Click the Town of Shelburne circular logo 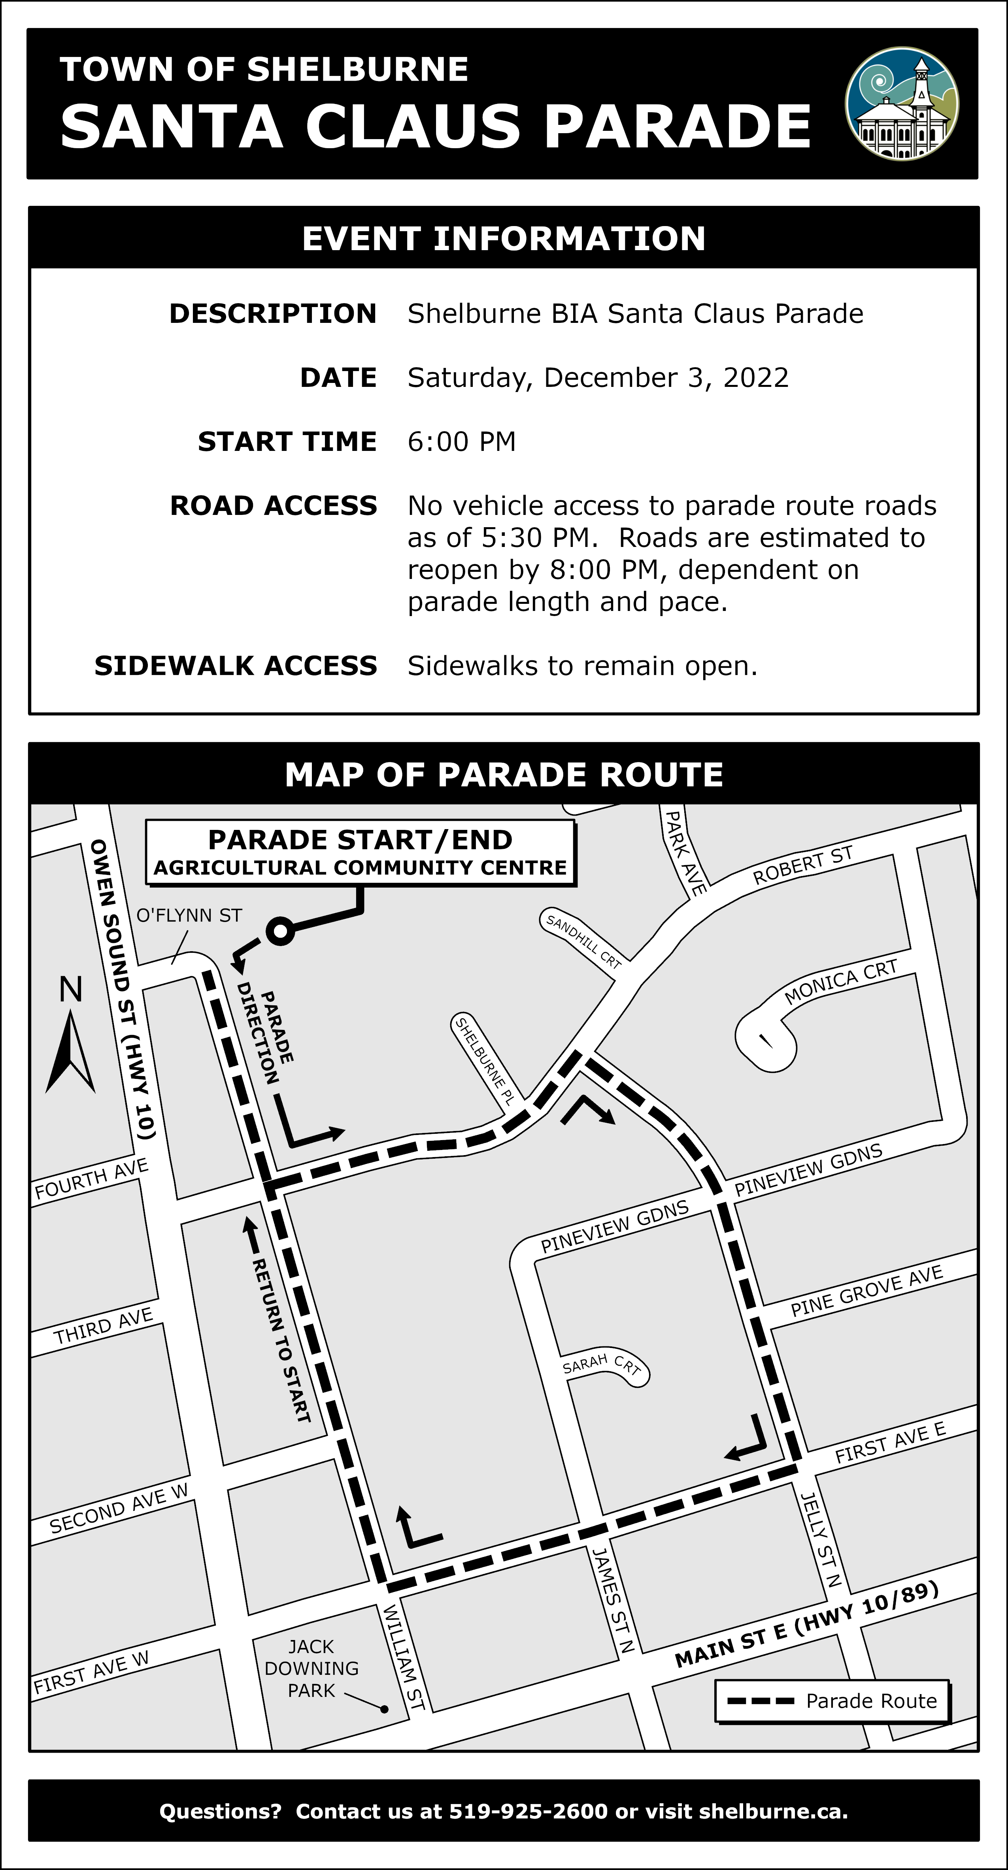(901, 104)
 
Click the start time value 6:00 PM (461, 441)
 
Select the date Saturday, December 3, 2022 (598, 377)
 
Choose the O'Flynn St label (189, 916)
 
